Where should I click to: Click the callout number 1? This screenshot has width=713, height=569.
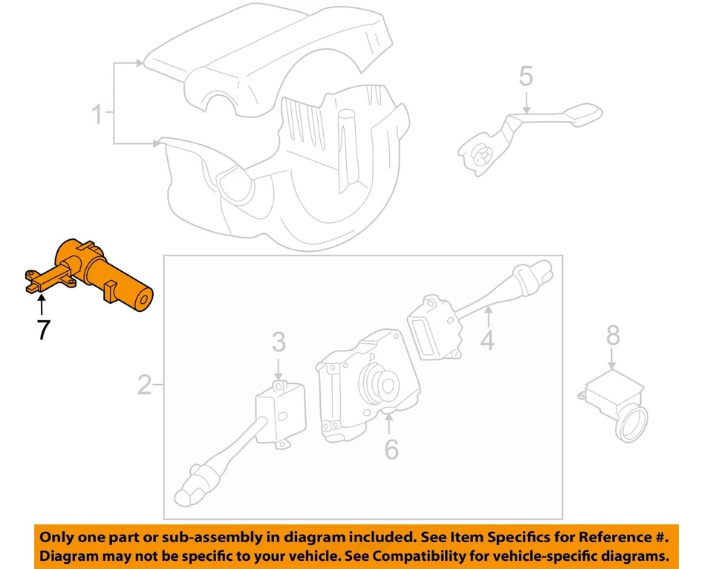pyautogui.click(x=97, y=114)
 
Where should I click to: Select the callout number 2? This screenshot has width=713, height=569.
pyautogui.click(x=145, y=385)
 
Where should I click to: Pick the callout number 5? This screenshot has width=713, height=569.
pyautogui.click(x=526, y=75)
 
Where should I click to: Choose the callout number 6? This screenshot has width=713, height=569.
pyautogui.click(x=391, y=449)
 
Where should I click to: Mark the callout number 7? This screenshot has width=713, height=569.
pyautogui.click(x=43, y=329)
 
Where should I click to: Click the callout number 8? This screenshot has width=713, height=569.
pyautogui.click(x=613, y=336)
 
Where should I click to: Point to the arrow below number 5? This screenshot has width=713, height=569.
pyautogui.click(x=526, y=100)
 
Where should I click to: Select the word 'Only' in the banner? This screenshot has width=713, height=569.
pyautogui.click(x=56, y=537)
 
